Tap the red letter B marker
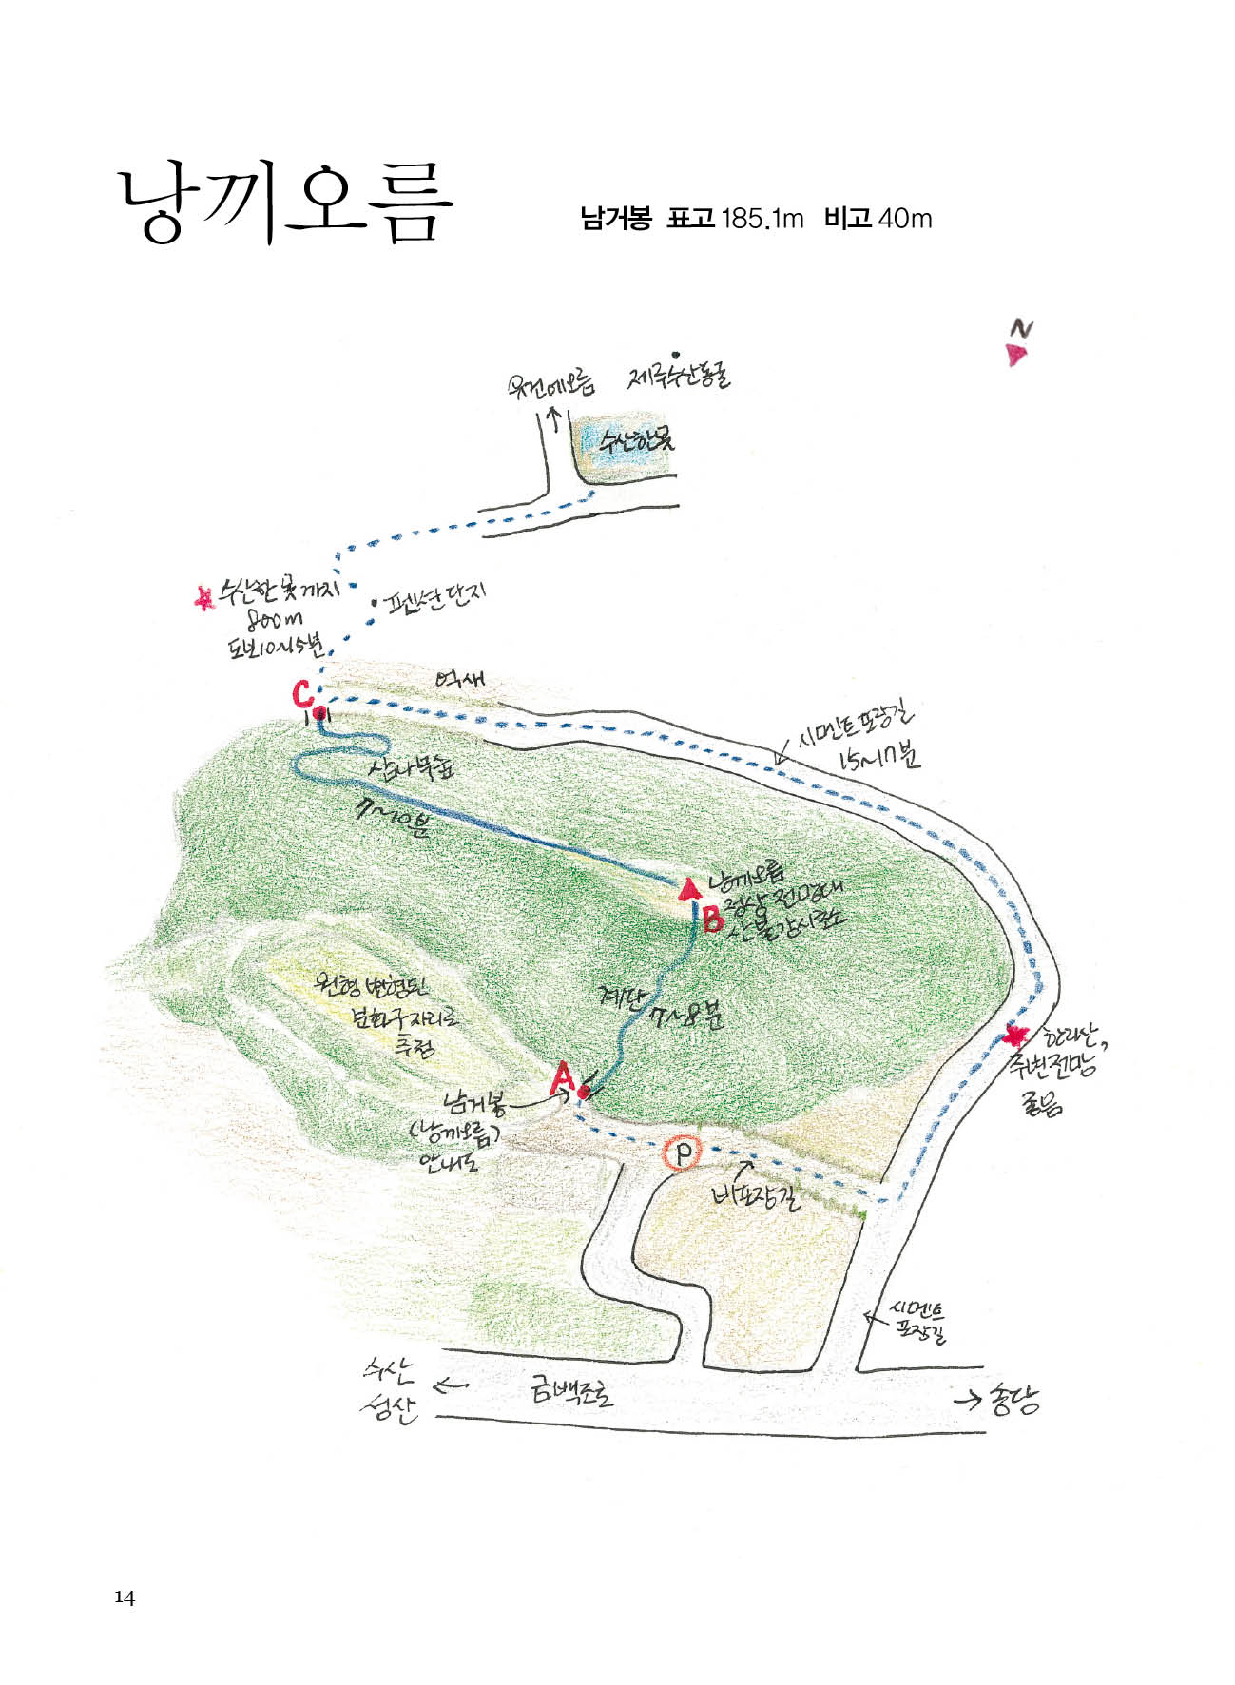(711, 920)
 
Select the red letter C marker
(302, 694)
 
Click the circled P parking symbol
(682, 1153)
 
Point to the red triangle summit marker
(689, 890)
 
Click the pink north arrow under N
(1016, 356)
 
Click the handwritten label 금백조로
(572, 1393)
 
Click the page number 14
(125, 1598)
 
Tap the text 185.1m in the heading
(762, 220)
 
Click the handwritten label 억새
(460, 680)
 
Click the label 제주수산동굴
(678, 377)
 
